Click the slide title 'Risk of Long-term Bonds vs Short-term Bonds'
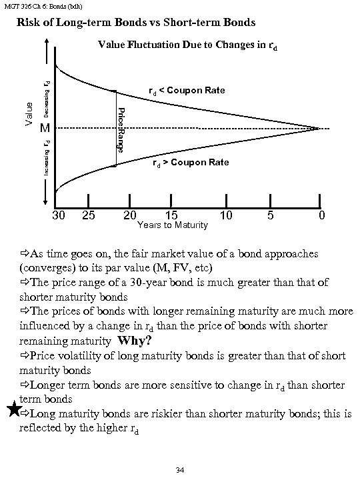pyautogui.click(x=135, y=23)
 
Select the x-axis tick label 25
pyautogui.click(x=87, y=216)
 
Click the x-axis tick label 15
pyautogui.click(x=172, y=216)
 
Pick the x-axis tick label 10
pyautogui.click(x=227, y=216)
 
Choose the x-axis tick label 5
pyautogui.click(x=269, y=216)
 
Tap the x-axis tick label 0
pyautogui.click(x=321, y=216)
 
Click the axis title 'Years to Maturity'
pyautogui.click(x=172, y=226)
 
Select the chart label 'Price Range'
pyautogui.click(x=121, y=128)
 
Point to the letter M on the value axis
pyautogui.click(x=44, y=128)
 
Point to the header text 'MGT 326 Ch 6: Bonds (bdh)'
pyautogui.click(x=37, y=6)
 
